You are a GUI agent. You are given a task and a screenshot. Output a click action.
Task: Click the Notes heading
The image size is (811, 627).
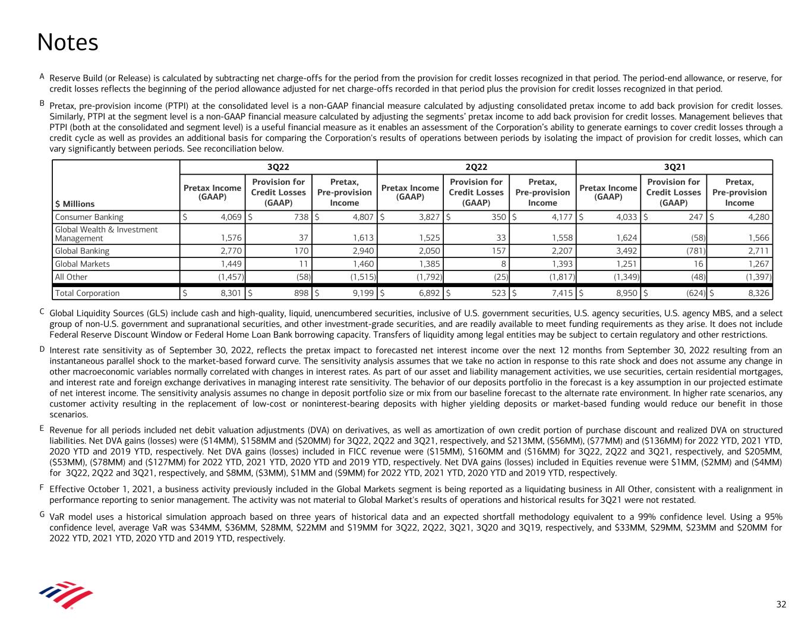coord(67,42)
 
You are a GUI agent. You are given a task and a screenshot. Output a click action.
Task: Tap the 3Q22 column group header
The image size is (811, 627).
coord(278,167)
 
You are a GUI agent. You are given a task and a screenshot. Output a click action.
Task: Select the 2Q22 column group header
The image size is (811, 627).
coord(476,167)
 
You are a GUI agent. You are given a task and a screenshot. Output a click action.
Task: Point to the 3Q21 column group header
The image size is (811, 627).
coord(674,167)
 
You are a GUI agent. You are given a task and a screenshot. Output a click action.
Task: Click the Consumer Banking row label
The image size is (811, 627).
coord(89,218)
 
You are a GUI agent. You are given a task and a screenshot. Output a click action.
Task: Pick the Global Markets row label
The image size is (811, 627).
coord(82,264)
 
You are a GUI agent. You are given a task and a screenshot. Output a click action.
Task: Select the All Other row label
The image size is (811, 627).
coord(71,277)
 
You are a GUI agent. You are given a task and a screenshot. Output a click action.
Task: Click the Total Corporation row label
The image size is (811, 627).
coord(87,293)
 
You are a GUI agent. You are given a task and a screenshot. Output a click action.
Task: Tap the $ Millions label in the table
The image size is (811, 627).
coord(75,204)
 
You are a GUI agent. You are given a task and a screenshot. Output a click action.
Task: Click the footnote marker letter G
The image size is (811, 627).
coord(42,513)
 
